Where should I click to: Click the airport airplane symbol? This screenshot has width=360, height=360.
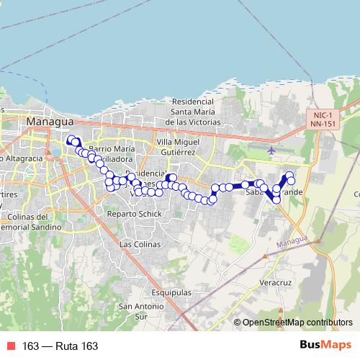[271, 150]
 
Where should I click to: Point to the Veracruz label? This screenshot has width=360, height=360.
[274, 284]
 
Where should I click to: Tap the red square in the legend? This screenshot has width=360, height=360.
[12, 346]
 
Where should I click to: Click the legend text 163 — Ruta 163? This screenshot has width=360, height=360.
[60, 346]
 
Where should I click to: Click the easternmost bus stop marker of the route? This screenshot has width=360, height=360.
[291, 180]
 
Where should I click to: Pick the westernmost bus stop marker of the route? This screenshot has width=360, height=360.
[71, 141]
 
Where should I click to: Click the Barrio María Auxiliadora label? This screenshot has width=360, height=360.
[111, 153]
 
